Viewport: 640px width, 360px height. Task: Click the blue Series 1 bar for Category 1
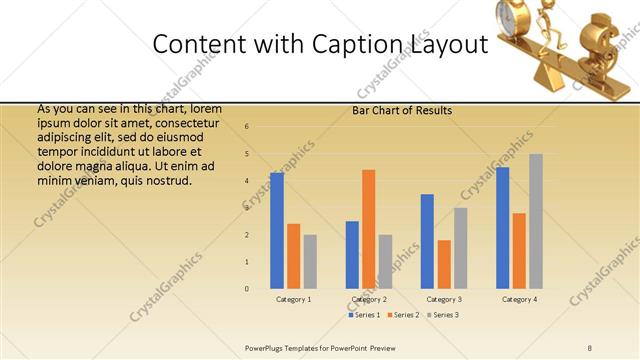277,230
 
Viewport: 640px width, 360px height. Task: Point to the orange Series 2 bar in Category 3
444,264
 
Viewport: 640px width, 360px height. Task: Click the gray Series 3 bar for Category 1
310,261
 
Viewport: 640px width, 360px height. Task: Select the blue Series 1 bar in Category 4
502,227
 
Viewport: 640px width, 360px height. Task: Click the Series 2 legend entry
403,315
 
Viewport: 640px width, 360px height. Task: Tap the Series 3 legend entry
443,315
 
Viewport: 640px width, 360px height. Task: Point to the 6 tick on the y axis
247,127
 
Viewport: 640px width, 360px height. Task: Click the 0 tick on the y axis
247,289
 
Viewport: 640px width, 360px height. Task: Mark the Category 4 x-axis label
519,299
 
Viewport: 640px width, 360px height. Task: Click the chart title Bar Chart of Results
402,111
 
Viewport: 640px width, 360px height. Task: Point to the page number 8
590,348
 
